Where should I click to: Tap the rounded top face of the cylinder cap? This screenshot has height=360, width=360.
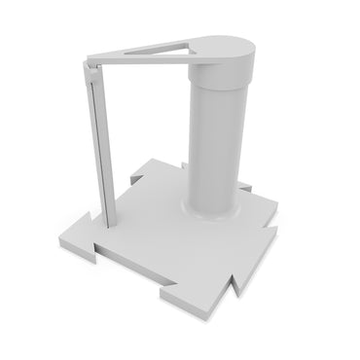coord(223,44)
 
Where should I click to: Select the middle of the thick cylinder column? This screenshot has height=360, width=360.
coord(214,136)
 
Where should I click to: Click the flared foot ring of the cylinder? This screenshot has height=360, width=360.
coord(211,209)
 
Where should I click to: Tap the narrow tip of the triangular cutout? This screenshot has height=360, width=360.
coord(128,52)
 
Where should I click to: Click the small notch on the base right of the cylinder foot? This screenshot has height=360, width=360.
coord(245,187)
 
